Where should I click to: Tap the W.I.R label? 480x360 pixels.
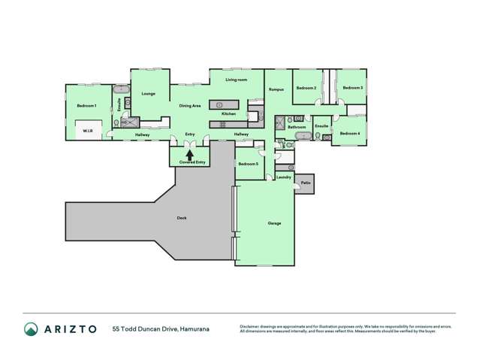87,130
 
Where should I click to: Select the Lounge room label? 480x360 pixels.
148,94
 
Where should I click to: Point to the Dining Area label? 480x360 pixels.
189,106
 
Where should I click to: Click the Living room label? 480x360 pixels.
237,80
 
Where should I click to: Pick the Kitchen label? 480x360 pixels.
229,113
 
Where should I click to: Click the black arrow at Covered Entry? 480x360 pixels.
190,153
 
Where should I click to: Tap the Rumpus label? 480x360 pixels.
276,90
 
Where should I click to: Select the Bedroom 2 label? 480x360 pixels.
305,89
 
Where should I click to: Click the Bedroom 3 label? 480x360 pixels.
352,89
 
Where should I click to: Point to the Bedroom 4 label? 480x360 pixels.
349,134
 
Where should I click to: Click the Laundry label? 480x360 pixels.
283,177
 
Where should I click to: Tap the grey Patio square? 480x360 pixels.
306,183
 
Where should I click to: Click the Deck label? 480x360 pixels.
181,218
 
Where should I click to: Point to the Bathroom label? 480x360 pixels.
296,128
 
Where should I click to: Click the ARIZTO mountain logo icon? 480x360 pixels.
31,328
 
